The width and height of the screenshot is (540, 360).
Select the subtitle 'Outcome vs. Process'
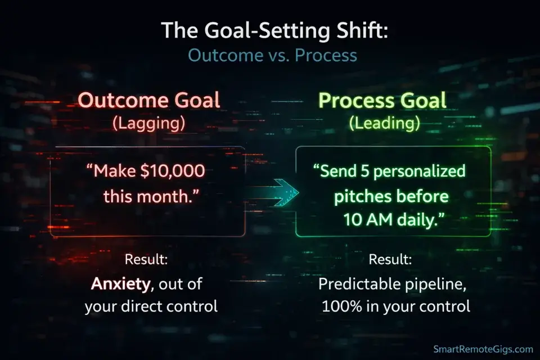[272, 56]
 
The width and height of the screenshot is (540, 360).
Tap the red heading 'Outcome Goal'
[148, 101]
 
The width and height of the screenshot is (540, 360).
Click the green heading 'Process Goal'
[383, 101]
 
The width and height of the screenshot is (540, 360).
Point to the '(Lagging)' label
[148, 124]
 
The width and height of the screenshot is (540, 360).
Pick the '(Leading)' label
[384, 124]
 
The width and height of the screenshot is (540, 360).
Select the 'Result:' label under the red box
[146, 260]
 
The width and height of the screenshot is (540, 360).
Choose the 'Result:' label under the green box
[390, 260]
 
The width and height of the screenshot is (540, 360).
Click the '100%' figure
[341, 307]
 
